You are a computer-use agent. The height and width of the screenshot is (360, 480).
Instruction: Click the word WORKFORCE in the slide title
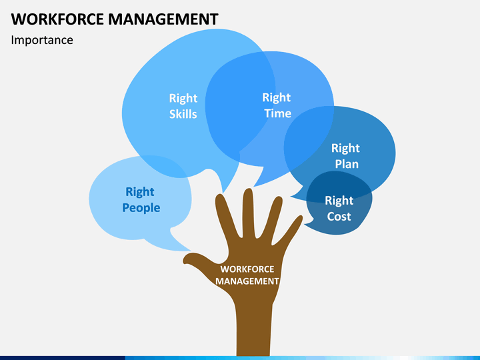tap(57, 19)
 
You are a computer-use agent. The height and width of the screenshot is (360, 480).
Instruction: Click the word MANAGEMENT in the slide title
tap(163, 19)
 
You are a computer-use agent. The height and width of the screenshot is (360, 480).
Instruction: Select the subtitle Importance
tap(42, 41)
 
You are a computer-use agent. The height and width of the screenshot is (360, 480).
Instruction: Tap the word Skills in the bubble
tap(183, 114)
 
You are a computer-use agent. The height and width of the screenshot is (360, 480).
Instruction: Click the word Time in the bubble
tap(277, 113)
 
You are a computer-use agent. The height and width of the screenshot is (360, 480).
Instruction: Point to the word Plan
tap(347, 164)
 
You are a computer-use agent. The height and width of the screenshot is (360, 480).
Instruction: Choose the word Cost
tap(339, 217)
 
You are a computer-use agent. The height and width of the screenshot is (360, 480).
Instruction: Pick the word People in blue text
tap(141, 208)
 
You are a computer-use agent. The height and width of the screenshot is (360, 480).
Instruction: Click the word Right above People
tap(140, 192)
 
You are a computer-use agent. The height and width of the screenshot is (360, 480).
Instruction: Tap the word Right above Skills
tap(183, 99)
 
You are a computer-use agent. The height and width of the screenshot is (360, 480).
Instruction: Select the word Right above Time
tap(277, 97)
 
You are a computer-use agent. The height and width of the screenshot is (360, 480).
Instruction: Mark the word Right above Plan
tap(345, 149)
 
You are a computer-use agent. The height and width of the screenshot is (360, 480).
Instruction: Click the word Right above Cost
tap(339, 201)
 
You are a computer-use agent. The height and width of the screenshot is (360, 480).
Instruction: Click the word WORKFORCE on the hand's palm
tap(247, 269)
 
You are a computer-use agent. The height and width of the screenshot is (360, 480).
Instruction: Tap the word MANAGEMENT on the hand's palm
tap(247, 281)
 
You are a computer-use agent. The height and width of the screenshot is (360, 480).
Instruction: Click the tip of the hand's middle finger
tap(248, 189)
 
